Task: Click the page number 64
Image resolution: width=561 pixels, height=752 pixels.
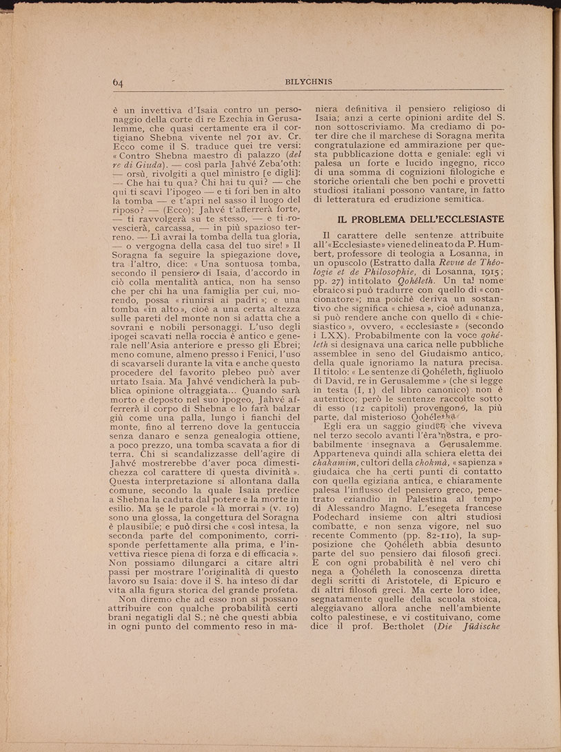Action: point(117,83)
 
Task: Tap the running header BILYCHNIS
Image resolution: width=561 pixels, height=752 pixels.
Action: point(308,82)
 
